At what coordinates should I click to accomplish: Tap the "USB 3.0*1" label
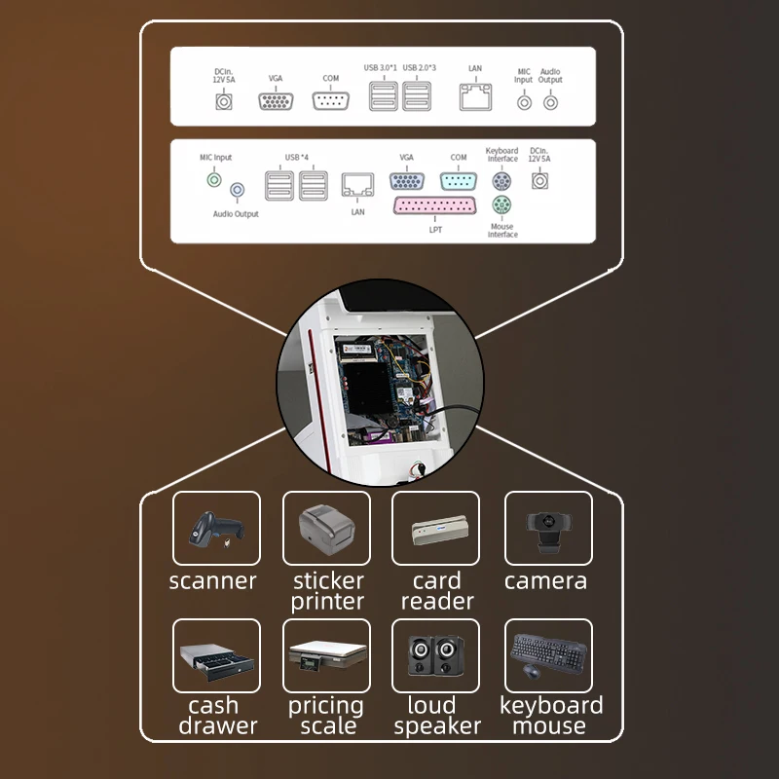pyautogui.click(x=383, y=67)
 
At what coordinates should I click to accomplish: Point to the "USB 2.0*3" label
pyautogui.click(x=419, y=67)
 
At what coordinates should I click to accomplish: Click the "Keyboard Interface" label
pyautogui.click(x=501, y=155)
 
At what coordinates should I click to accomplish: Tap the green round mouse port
pyautogui.click(x=501, y=205)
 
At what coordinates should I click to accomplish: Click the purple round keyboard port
pyautogui.click(x=501, y=180)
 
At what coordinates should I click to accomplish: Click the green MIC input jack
pyautogui.click(x=214, y=178)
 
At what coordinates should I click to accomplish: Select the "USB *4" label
pyautogui.click(x=296, y=158)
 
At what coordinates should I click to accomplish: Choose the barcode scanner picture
pyautogui.click(x=216, y=529)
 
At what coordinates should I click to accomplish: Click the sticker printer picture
pyautogui.click(x=326, y=529)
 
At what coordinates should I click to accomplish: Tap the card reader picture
pyautogui.click(x=435, y=529)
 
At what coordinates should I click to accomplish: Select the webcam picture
pyautogui.click(x=547, y=529)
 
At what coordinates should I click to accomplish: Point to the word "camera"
pyautogui.click(x=546, y=581)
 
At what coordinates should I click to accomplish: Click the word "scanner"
pyautogui.click(x=213, y=581)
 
